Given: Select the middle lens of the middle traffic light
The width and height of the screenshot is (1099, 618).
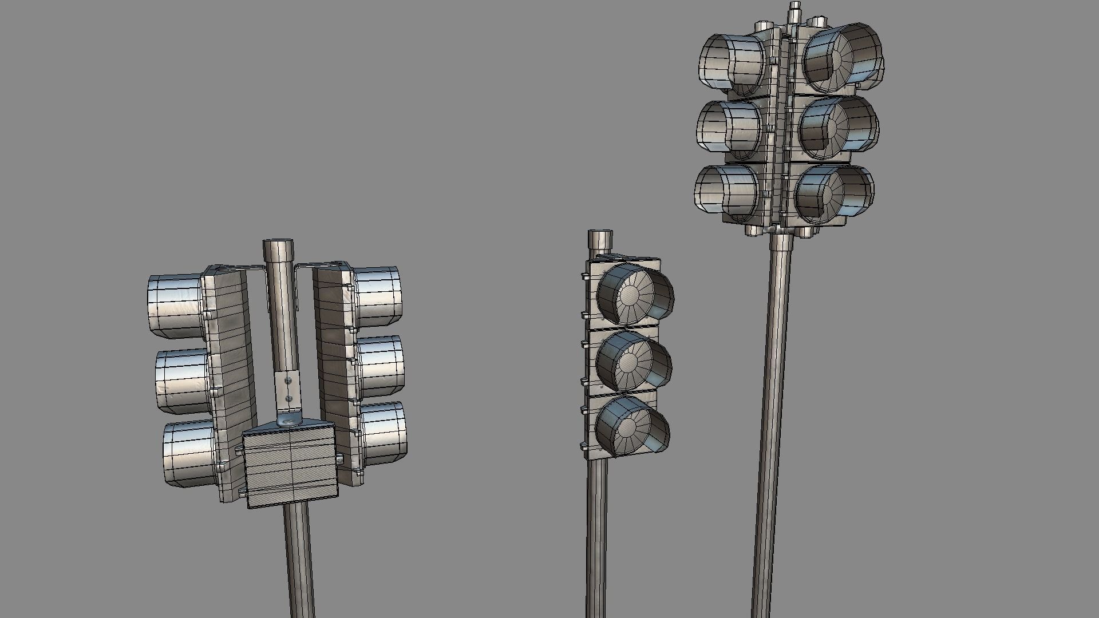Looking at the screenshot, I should point(628,361).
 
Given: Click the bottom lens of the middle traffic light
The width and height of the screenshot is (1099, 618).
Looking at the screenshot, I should point(627,426).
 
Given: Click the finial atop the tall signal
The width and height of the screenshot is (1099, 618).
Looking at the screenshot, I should point(794,11).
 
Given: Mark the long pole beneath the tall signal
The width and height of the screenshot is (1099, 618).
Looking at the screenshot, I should point(773,429).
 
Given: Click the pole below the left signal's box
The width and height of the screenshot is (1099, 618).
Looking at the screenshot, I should point(299,561).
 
